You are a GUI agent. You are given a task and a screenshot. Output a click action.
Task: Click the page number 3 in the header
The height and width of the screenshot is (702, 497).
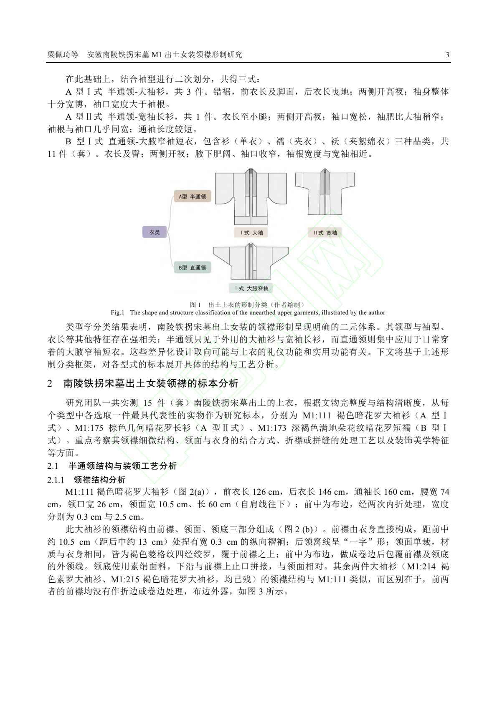click(x=447, y=55)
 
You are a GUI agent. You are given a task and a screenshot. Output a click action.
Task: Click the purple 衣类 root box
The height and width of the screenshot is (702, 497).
click(x=155, y=232)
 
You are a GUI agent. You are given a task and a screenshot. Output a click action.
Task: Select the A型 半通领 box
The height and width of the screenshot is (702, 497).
click(x=193, y=196)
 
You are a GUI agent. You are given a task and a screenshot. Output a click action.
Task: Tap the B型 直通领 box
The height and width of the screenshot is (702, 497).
click(x=192, y=267)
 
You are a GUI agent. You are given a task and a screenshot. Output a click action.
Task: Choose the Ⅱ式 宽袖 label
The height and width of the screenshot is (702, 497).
click(x=325, y=233)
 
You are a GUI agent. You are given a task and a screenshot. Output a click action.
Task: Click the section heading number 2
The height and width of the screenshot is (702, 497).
click(x=51, y=383)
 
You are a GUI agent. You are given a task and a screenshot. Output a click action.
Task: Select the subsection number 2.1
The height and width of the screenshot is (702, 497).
click(x=53, y=466)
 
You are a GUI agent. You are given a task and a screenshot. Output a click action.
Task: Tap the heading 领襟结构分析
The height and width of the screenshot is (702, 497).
click(x=99, y=480)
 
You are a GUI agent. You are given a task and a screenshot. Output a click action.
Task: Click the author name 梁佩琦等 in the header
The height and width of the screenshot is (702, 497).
click(x=63, y=55)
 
